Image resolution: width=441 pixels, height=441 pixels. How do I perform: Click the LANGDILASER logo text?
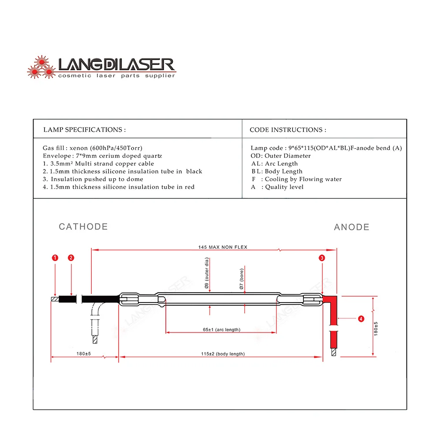pyautogui.click(x=116, y=65)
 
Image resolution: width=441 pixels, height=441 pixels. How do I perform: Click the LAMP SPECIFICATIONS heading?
pyautogui.click(x=84, y=130)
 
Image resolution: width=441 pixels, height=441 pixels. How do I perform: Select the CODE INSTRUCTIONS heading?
pyautogui.click(x=288, y=130)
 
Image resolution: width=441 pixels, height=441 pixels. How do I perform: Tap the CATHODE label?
pyautogui.click(x=83, y=227)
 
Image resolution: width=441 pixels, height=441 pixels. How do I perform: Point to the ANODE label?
pyautogui.click(x=351, y=227)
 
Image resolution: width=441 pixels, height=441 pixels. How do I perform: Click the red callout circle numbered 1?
pyautogui.click(x=55, y=258)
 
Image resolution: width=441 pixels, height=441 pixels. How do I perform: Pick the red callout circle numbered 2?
pyautogui.click(x=71, y=258)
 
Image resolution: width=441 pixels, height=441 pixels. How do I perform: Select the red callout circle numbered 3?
pyautogui.click(x=322, y=258)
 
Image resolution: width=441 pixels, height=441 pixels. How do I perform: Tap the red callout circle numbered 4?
pyautogui.click(x=361, y=318)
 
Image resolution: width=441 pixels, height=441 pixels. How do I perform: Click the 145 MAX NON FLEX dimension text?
pyautogui.click(x=223, y=247)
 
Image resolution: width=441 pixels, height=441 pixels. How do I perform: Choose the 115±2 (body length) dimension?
pyautogui.click(x=222, y=354)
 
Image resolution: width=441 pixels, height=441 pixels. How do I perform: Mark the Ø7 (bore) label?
pyautogui.click(x=242, y=279)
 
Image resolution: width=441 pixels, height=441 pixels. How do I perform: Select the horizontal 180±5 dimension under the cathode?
pyautogui.click(x=83, y=354)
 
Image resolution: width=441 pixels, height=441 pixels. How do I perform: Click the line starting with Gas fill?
pyautogui.click(x=92, y=148)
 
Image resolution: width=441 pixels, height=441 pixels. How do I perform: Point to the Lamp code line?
pyautogui.click(x=326, y=148)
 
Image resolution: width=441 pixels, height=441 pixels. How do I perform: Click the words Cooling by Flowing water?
pyautogui.click(x=303, y=179)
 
